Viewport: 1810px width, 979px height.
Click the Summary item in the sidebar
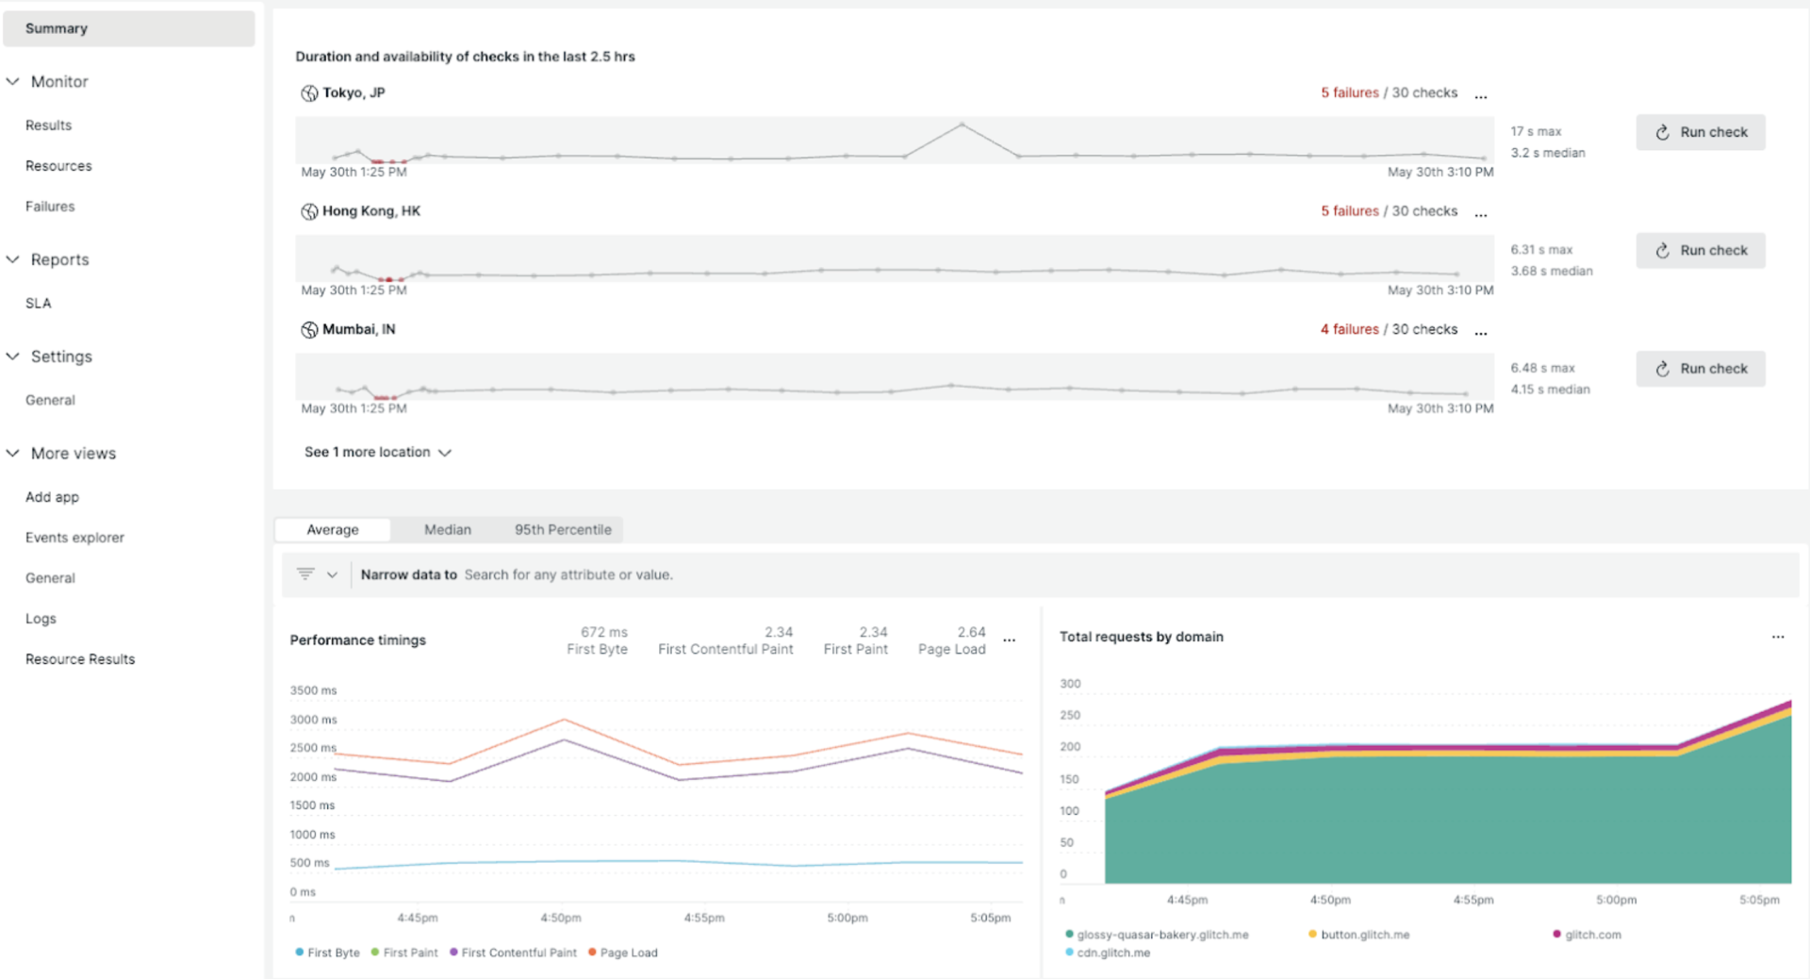[x=57, y=28]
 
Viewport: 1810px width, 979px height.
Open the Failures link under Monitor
[x=50, y=207]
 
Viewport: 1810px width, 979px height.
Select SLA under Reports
[x=39, y=304]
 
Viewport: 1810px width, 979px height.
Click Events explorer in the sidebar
[x=74, y=538]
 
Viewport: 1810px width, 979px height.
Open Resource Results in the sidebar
[x=80, y=659]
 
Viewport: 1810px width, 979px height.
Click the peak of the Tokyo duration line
[x=962, y=124]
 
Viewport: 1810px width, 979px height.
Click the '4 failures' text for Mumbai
[x=1349, y=329]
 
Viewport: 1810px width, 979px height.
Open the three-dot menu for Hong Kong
[x=1481, y=213]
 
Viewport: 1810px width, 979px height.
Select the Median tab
[x=447, y=530]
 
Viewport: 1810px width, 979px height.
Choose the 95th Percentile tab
[x=563, y=530]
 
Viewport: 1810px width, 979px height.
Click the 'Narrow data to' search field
[x=568, y=575]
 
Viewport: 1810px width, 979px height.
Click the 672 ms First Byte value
[x=603, y=632]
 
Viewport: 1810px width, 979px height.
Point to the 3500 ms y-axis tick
[x=313, y=690]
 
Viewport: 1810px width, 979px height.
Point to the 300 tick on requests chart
[x=1070, y=684]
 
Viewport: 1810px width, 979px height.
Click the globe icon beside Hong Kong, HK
[x=309, y=211]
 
